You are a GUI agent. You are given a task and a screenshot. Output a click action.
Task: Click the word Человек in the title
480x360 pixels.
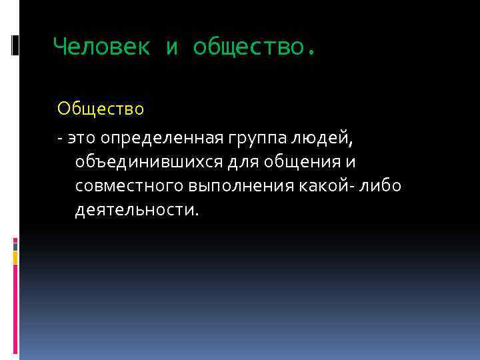coord(101,46)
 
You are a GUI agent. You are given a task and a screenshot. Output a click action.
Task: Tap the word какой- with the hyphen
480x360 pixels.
coord(327,186)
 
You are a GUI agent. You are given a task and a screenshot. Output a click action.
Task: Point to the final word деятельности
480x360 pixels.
coord(137,210)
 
